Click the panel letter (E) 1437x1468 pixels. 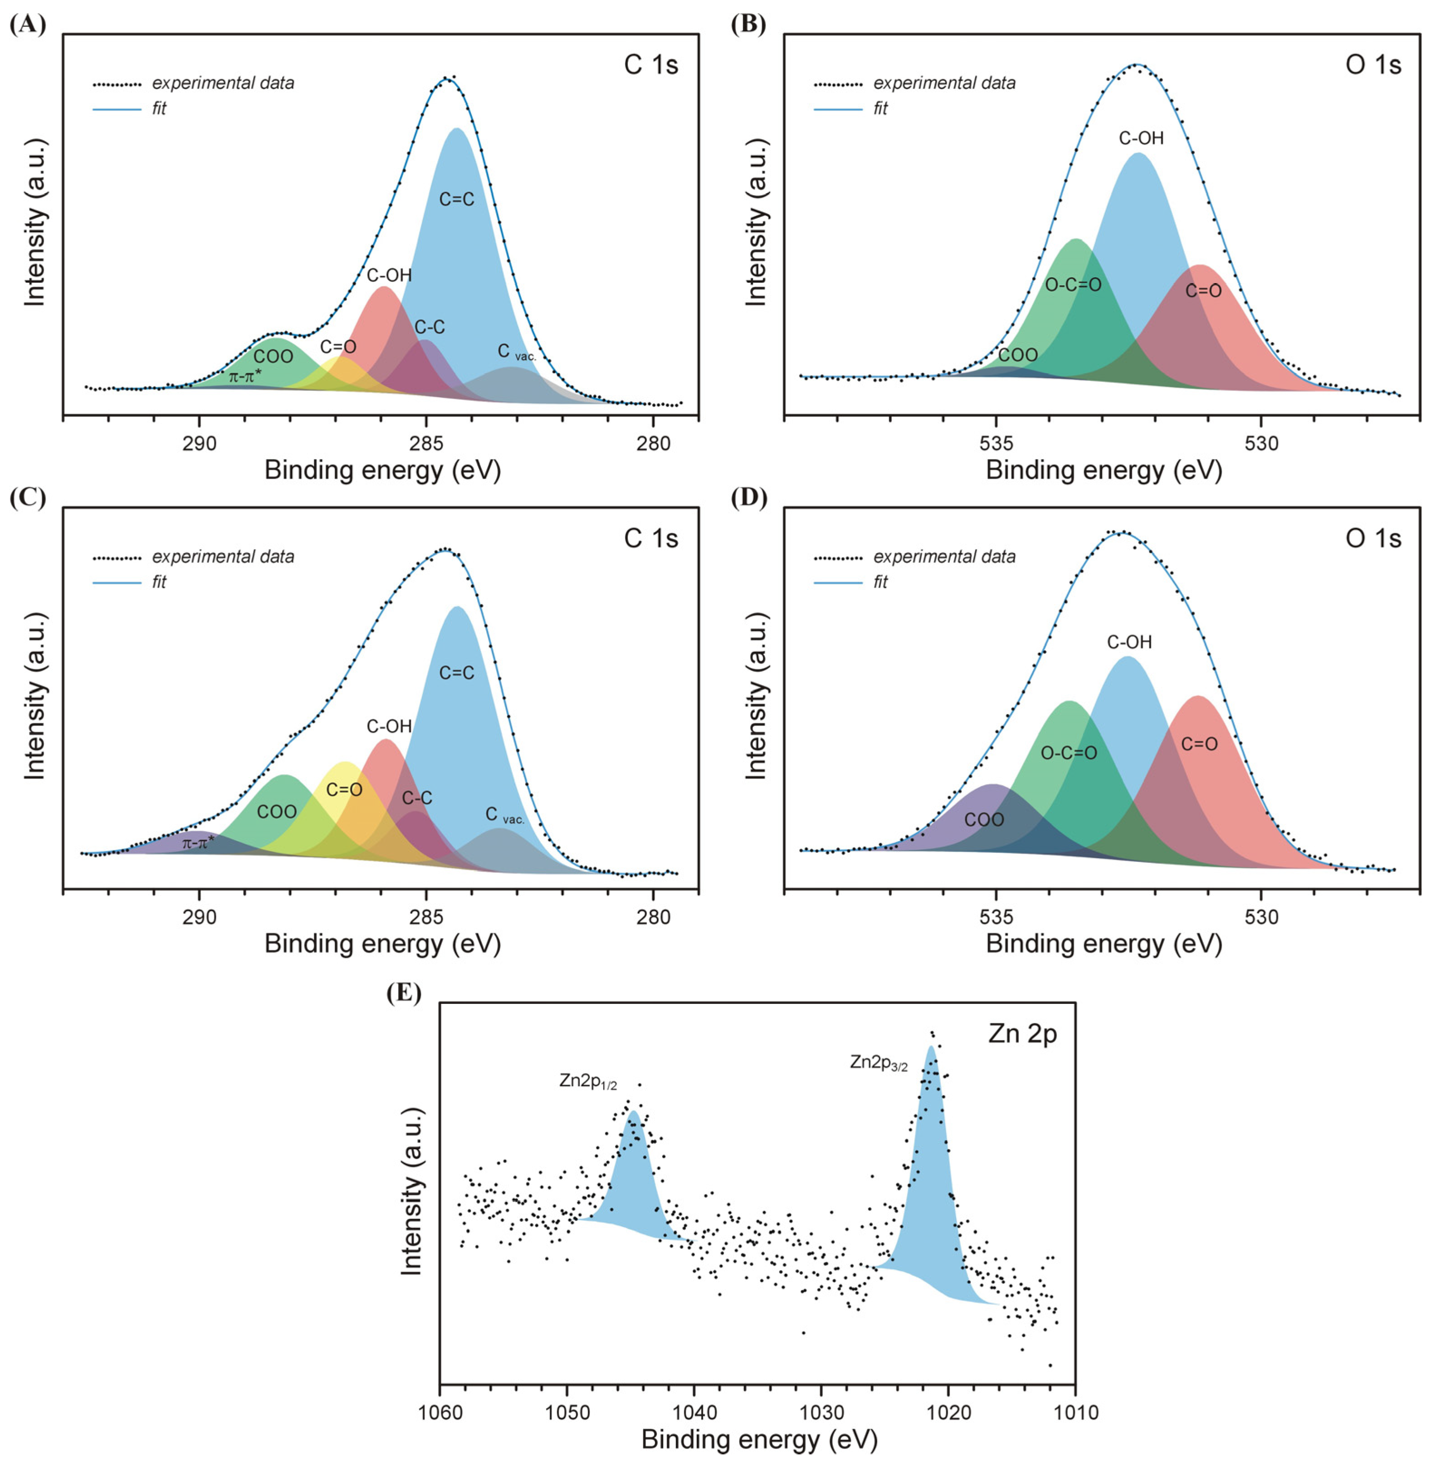tap(404, 992)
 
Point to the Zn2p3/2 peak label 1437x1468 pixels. tap(879, 1063)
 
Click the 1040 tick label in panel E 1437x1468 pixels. tap(694, 1412)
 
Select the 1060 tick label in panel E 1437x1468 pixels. tap(439, 1412)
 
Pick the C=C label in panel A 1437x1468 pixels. tap(457, 199)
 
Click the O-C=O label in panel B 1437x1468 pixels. tap(1072, 284)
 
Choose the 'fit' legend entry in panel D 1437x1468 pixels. tap(880, 582)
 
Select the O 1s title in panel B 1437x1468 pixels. tap(1373, 65)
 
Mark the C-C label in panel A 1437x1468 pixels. tap(430, 327)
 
